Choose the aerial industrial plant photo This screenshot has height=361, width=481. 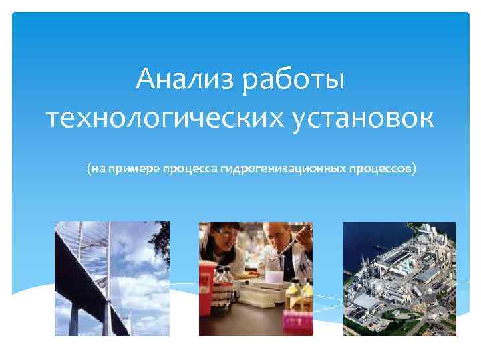tap(399, 278)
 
